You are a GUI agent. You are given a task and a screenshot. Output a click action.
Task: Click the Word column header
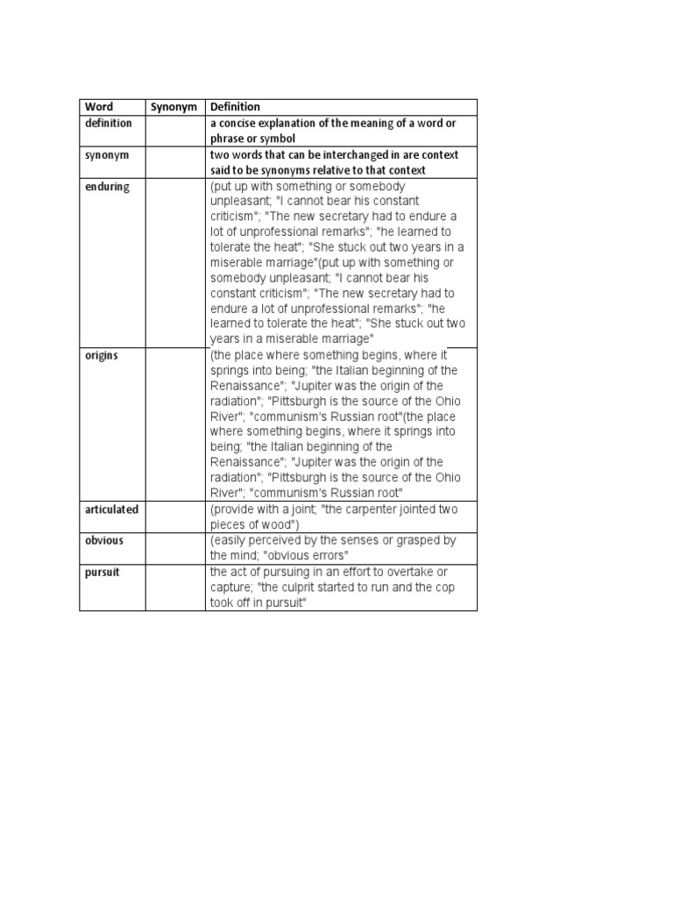[99, 107]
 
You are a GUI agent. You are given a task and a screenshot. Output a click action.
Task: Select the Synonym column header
[169, 107]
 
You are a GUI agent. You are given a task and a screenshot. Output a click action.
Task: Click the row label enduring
[107, 187]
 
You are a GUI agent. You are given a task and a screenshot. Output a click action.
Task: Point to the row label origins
[102, 356]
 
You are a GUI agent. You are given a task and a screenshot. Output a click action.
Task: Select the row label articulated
[111, 510]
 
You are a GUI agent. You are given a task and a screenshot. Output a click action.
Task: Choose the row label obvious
[104, 540]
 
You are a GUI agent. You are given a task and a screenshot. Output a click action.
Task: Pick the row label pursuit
[103, 571]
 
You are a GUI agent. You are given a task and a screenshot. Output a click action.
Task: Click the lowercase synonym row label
[107, 154]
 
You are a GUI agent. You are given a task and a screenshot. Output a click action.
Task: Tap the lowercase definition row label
[109, 123]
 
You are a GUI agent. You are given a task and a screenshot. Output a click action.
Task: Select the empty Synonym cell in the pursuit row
[174, 587]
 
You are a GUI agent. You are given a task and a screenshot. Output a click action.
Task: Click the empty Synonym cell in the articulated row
[174, 517]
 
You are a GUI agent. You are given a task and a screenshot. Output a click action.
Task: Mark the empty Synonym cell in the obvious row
[174, 547]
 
